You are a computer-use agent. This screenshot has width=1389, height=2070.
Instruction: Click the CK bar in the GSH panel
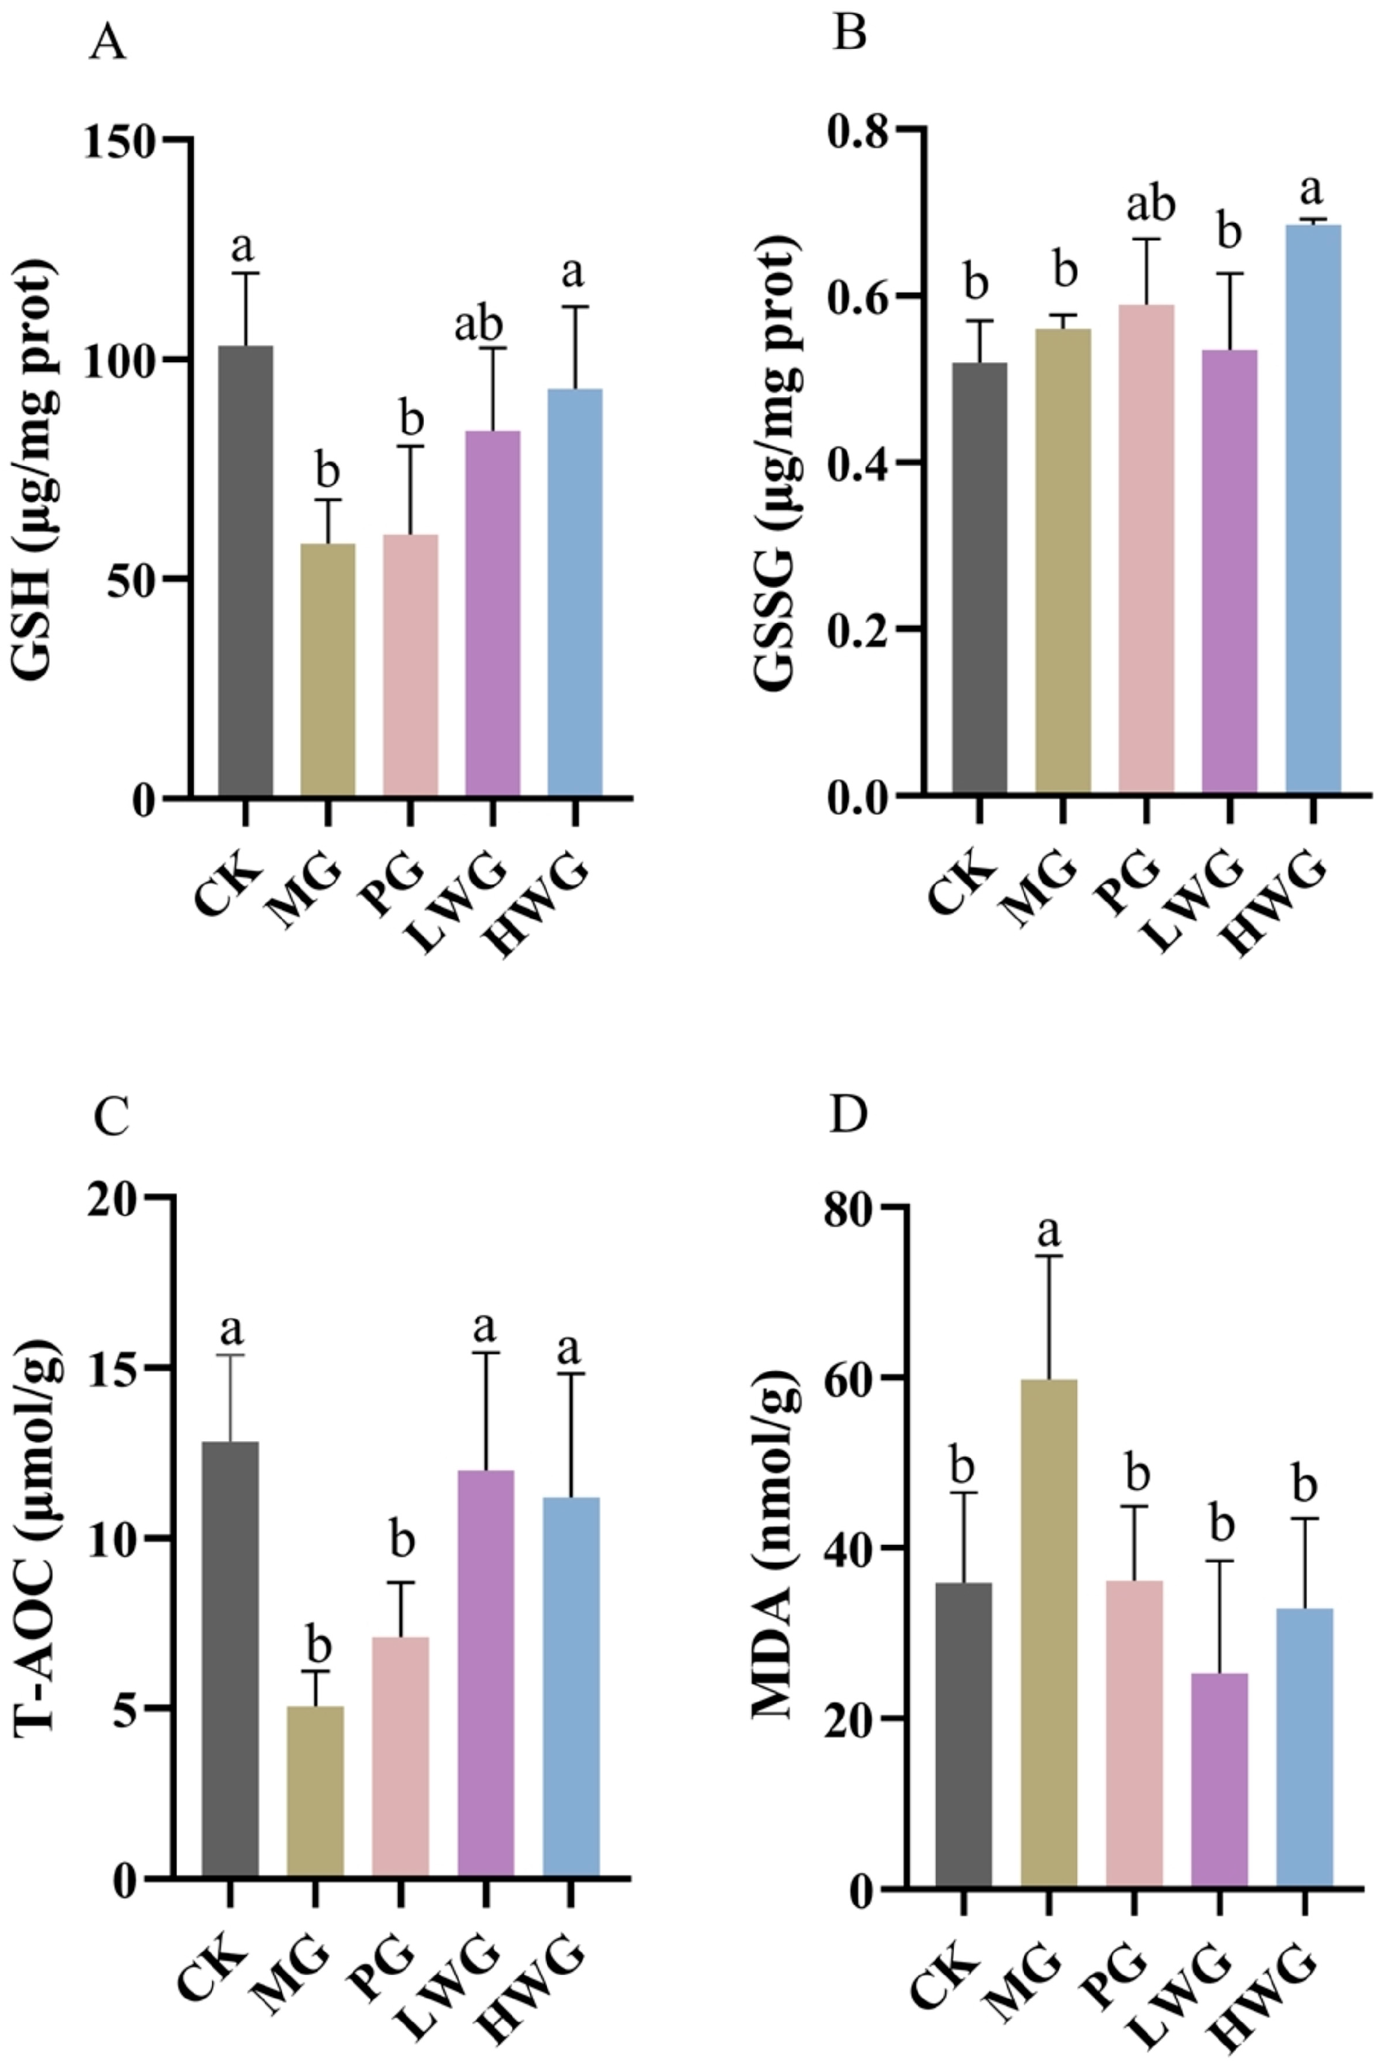click(246, 571)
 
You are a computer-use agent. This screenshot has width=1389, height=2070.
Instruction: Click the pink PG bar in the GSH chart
click(410, 664)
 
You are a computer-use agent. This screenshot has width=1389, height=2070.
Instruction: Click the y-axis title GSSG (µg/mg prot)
click(777, 461)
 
